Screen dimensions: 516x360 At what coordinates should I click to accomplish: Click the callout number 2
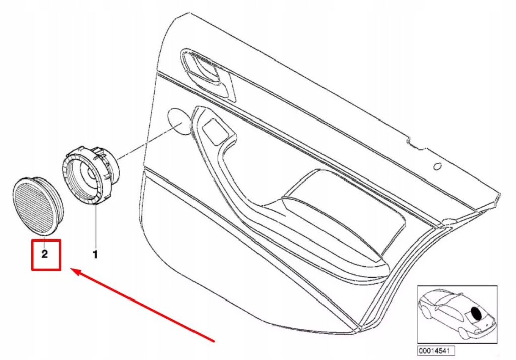[x=44, y=254]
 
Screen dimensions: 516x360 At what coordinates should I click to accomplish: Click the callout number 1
[x=95, y=255]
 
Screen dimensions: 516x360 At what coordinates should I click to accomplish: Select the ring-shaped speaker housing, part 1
[x=90, y=175]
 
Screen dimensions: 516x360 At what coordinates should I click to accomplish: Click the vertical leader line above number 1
[x=95, y=227]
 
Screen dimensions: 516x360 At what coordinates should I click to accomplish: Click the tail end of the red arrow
[x=214, y=341]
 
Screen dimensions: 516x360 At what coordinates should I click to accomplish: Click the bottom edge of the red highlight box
[x=46, y=270]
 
